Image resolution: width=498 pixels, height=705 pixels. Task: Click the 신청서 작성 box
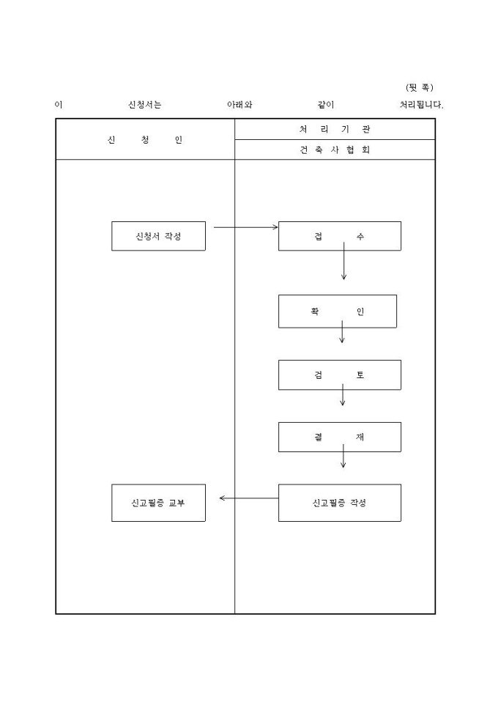[x=158, y=236]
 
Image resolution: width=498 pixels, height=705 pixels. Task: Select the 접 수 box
[x=339, y=236]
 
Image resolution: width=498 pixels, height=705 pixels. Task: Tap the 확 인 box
[x=337, y=311]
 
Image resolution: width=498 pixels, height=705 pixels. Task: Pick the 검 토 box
[x=339, y=374]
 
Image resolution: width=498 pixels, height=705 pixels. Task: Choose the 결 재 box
[x=339, y=437]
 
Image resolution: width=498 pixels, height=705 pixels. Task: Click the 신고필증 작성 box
[x=339, y=503]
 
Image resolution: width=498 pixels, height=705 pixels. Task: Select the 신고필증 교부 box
[x=158, y=503]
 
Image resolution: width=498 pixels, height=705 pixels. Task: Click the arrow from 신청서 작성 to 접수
[x=245, y=227]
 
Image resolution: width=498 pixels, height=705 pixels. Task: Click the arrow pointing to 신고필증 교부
[x=248, y=498]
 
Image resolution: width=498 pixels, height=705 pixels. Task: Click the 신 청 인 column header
[x=145, y=140]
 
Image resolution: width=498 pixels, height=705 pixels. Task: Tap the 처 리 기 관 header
[x=335, y=129]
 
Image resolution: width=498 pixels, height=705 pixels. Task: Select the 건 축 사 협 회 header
[x=335, y=150]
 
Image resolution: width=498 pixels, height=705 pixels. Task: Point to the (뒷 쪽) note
[x=420, y=87]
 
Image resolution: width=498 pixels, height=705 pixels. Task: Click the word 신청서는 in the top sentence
[x=145, y=105]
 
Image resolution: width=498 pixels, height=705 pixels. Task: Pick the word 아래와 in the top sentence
[x=240, y=105]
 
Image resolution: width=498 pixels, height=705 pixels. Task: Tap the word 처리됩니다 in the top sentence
[x=421, y=105]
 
